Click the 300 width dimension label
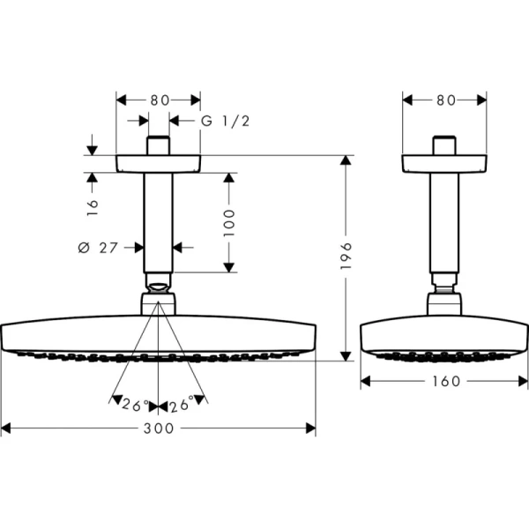click(x=159, y=428)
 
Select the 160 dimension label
click(x=445, y=382)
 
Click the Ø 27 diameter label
click(x=98, y=248)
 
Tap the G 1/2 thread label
click(x=226, y=121)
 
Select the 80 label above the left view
click(x=159, y=100)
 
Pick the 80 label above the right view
click(x=445, y=100)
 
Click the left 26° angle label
click(x=136, y=406)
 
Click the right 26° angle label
click(x=181, y=406)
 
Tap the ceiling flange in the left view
click(x=159, y=164)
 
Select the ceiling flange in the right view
click(x=445, y=164)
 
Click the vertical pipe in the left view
click(x=159, y=220)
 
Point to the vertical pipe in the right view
click(x=445, y=220)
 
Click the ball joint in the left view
click(x=159, y=287)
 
